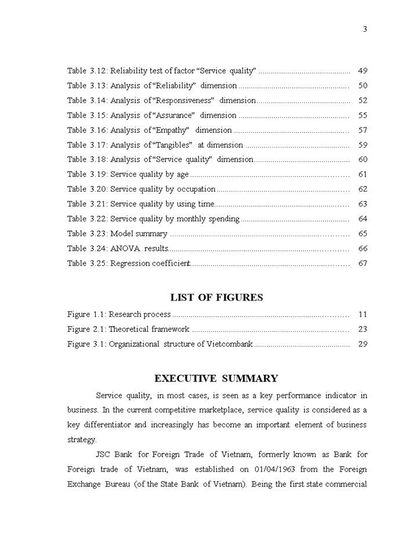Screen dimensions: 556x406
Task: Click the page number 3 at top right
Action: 365,30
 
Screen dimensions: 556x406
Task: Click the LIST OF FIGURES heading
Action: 216,298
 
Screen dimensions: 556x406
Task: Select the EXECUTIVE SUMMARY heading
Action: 216,379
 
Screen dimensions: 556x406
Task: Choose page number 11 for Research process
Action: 363,314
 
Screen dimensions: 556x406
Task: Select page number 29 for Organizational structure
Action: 363,344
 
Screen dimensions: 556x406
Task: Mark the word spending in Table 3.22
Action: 223,219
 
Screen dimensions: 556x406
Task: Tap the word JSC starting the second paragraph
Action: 103,455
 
